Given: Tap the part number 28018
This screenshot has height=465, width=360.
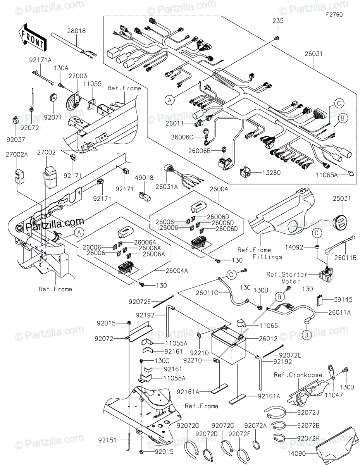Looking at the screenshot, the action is [x=76, y=31].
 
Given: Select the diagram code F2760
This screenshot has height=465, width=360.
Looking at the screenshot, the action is [x=334, y=15].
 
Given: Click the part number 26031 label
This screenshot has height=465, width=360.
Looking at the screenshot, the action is [x=313, y=54].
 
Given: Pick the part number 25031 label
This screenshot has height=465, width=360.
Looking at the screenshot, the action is [x=342, y=198].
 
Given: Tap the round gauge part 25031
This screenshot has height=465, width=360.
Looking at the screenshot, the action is [x=340, y=222].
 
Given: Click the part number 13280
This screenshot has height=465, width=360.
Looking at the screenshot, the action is [x=271, y=172].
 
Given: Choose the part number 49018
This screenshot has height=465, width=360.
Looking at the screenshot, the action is [x=144, y=177].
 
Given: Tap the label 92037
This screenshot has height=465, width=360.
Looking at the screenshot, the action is [x=16, y=139].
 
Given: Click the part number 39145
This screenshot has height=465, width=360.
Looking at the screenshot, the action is [x=343, y=300].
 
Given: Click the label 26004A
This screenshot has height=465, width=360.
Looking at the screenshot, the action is [x=177, y=271].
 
